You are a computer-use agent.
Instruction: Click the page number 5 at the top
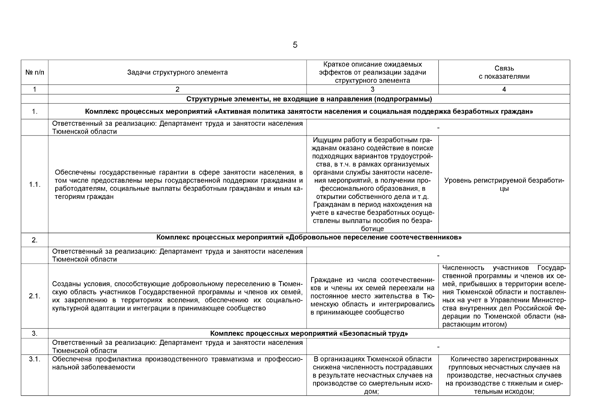click(x=295, y=45)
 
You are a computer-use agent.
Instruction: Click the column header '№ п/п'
click(x=35, y=72)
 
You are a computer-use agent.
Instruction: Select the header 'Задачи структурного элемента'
click(x=177, y=72)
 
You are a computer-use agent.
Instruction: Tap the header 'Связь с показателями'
click(x=504, y=72)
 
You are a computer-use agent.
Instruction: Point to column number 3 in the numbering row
click(x=372, y=90)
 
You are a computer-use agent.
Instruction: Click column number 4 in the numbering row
click(x=504, y=90)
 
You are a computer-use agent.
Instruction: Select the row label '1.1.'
click(x=35, y=185)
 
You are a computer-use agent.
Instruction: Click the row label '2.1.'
click(x=35, y=296)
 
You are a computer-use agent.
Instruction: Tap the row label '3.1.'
click(x=35, y=359)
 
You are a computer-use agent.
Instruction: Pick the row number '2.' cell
click(x=35, y=240)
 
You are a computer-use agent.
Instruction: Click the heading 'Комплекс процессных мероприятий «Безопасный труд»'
click(x=309, y=333)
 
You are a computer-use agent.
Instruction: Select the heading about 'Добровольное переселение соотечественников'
click(x=309, y=238)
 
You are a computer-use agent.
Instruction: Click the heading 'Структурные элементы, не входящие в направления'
click(x=309, y=99)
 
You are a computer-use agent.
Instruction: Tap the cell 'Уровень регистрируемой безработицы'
click(x=504, y=185)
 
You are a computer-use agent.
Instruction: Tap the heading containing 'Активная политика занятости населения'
click(x=309, y=112)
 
